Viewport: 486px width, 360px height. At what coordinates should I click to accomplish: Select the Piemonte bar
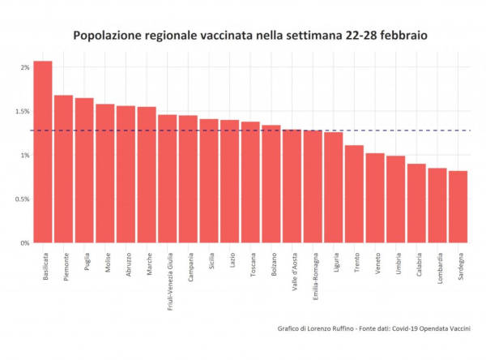pos(63,169)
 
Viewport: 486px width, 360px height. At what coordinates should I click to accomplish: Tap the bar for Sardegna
pos(458,207)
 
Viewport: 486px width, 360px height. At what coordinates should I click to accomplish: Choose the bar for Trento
pos(354,194)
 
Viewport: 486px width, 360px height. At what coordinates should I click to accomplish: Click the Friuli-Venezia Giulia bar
pos(168,179)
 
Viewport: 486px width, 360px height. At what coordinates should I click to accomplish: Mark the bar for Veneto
pos(375,198)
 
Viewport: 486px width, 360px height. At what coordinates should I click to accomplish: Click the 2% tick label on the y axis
pos(24,67)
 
